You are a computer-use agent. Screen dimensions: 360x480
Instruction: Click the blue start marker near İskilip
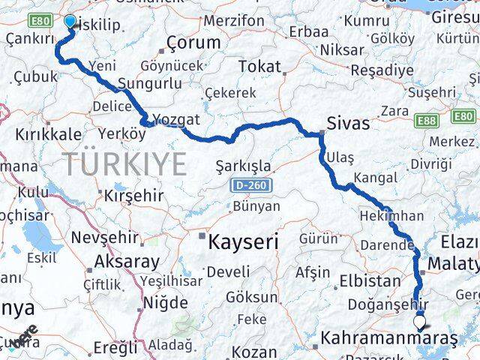[70, 22]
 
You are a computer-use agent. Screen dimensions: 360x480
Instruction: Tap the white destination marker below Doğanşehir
[419, 324]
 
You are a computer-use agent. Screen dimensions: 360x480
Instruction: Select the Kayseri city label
[243, 241]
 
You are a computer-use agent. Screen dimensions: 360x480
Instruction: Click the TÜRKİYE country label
[124, 163]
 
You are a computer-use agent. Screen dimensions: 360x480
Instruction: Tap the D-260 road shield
[247, 184]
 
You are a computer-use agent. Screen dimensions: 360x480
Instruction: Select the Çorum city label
[194, 43]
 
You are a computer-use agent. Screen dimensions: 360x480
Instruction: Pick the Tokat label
[258, 67]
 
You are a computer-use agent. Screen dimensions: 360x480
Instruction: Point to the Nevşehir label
[104, 238]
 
